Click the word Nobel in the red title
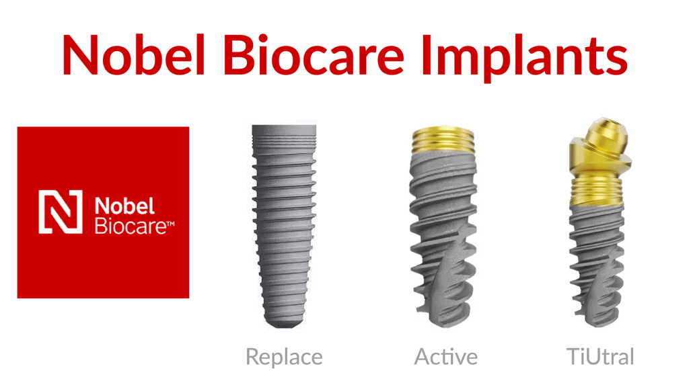(x=134, y=55)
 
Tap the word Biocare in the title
(x=314, y=55)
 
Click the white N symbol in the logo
(x=60, y=212)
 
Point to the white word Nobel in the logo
(x=124, y=206)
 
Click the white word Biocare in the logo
(x=131, y=226)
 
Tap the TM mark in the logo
(x=171, y=224)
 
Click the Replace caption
(x=284, y=357)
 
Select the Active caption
(x=445, y=357)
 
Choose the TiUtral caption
(x=600, y=357)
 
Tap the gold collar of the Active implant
(x=443, y=140)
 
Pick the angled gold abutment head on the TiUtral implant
(x=600, y=146)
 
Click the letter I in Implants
(x=426, y=55)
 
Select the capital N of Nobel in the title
(x=81, y=55)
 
